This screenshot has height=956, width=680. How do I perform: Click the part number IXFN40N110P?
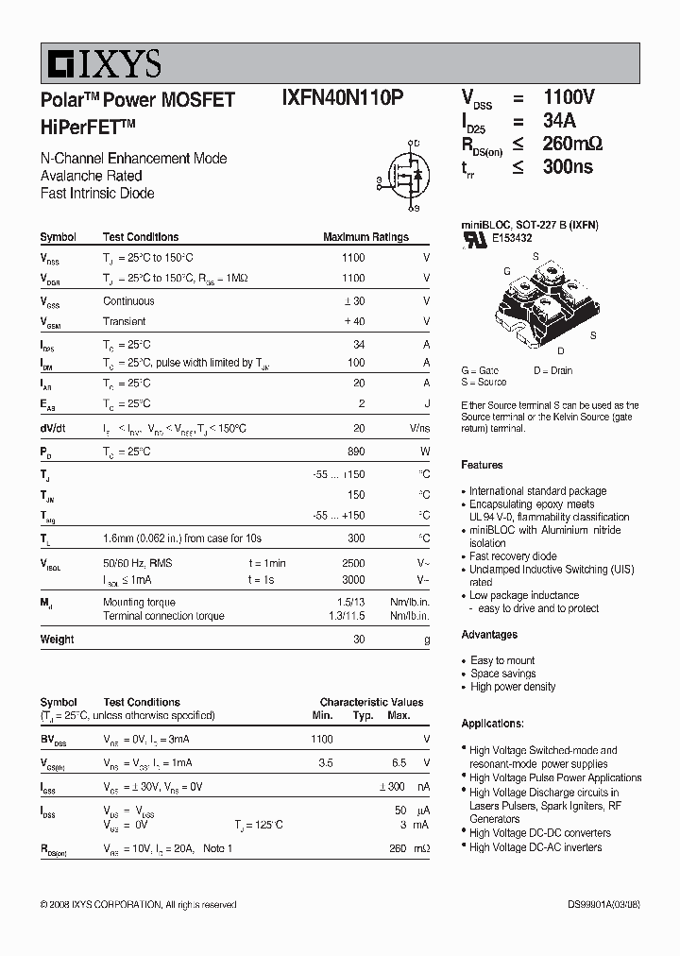tap(343, 98)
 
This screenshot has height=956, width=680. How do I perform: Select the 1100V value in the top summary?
tap(569, 97)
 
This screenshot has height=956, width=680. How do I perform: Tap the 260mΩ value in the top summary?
tap(572, 144)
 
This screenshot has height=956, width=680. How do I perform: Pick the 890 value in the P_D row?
tap(355, 452)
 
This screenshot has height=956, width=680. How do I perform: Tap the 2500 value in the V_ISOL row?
tap(352, 563)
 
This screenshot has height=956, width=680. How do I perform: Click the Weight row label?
tap(57, 640)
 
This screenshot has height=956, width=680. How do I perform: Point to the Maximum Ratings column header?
tap(365, 237)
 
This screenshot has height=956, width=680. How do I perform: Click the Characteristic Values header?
tap(371, 702)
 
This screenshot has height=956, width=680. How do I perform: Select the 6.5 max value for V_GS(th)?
tap(399, 762)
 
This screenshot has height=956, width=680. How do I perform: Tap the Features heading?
tap(482, 465)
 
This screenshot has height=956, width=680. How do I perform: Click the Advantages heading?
tap(489, 635)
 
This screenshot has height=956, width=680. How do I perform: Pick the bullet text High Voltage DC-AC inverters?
tap(535, 847)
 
